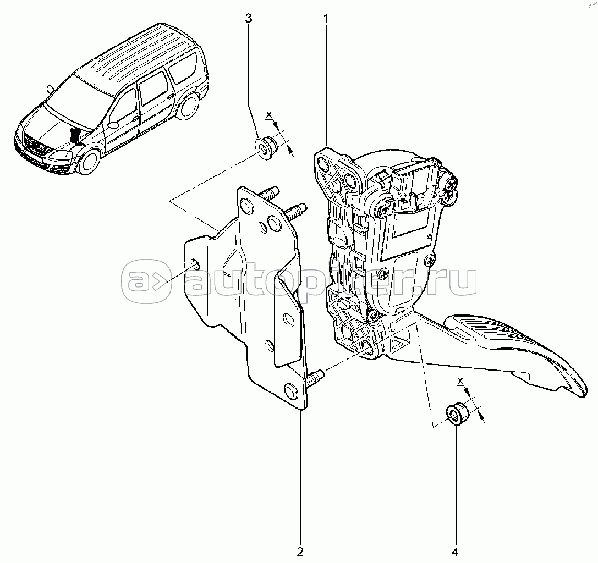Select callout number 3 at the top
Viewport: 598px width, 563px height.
coord(249,18)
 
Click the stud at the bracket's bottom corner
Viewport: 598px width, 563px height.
coord(315,378)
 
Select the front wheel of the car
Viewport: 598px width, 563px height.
coord(89,161)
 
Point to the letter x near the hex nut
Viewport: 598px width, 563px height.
coord(460,381)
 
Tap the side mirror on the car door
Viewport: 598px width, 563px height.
coord(114,124)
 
